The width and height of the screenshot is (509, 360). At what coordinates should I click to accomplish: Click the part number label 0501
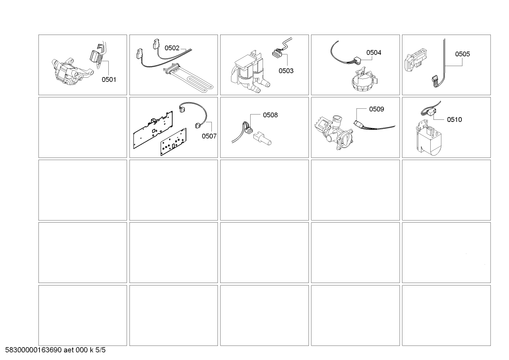[x=109, y=79]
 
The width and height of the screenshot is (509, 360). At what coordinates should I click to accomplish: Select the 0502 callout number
[x=172, y=48]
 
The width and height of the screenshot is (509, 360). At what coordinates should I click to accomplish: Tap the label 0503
[x=286, y=71]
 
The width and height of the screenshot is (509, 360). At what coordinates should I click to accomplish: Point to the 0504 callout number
[x=373, y=53]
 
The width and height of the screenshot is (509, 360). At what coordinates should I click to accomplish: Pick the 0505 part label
[x=462, y=54]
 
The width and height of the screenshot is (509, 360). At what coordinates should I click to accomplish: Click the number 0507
[x=209, y=136]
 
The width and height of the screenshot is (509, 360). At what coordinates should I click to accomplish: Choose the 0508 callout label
[x=270, y=115]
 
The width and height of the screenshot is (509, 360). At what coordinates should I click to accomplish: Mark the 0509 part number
[x=377, y=109]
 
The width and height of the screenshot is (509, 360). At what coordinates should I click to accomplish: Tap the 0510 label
[x=455, y=120]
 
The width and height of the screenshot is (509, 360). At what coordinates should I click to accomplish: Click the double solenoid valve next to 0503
[x=250, y=73]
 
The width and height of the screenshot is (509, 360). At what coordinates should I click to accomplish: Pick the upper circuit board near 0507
[x=153, y=130]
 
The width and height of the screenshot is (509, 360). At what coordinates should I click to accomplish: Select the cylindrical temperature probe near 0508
[x=263, y=138]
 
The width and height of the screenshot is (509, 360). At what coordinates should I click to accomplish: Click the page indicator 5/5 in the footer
[x=101, y=350]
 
